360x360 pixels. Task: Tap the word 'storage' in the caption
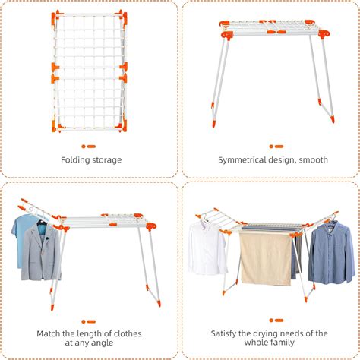click(106, 160)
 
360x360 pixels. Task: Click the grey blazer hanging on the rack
click(41, 252)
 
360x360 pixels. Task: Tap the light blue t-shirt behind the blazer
click(23, 232)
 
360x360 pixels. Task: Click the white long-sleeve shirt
click(207, 248)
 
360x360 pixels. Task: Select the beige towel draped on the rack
click(264, 258)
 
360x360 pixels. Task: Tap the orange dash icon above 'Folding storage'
click(90, 146)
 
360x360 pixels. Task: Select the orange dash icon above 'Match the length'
click(90, 321)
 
